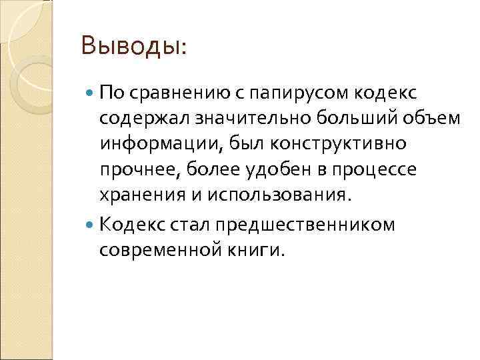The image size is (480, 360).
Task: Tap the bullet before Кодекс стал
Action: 91,224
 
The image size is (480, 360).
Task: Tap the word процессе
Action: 377,171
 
